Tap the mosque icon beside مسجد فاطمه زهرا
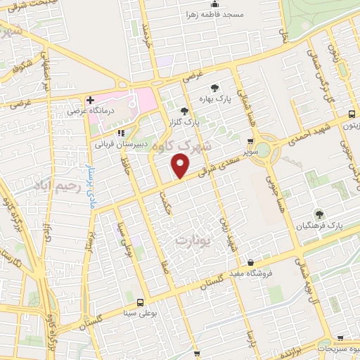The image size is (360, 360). pyautogui.click(x=214, y=4)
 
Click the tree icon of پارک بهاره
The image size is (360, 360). pyautogui.click(x=214, y=88)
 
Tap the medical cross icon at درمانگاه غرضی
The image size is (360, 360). pyautogui.click(x=90, y=100)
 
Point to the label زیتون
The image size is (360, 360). pyautogui.click(x=349, y=124)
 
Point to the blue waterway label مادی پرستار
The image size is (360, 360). pyautogui.click(x=89, y=179)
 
